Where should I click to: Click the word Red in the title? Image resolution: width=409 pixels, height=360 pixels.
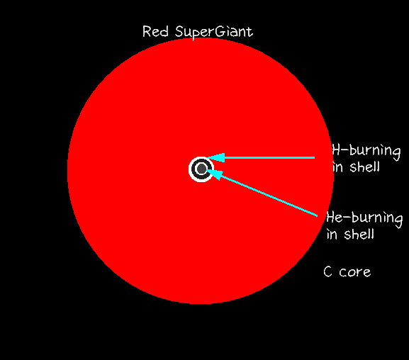tap(155, 32)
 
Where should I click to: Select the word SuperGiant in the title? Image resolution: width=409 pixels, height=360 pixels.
tap(214, 33)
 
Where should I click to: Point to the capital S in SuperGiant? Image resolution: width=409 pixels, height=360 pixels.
tap(180, 32)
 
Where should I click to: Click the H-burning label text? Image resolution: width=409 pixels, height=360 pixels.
tap(366, 152)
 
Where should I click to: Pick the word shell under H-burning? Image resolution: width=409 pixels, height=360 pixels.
tap(364, 167)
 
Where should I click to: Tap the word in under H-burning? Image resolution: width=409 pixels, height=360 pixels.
tap(337, 167)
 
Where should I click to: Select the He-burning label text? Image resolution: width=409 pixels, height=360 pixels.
tap(364, 218)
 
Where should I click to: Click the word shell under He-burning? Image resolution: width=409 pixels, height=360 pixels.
tap(359, 234)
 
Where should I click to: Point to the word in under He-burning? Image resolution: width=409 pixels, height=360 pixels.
tap(332, 235)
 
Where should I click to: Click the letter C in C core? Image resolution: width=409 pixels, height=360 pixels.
tap(327, 272)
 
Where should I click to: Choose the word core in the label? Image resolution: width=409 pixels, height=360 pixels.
tap(354, 273)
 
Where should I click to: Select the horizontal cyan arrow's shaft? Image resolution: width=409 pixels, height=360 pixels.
tap(269, 158)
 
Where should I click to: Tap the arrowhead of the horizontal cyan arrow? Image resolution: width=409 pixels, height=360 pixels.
tap(216, 158)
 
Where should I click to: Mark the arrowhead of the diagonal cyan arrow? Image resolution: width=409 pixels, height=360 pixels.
tap(215, 174)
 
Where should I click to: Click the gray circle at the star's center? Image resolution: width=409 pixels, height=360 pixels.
tap(201, 169)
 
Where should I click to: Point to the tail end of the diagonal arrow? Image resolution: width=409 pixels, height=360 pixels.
tap(318, 216)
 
